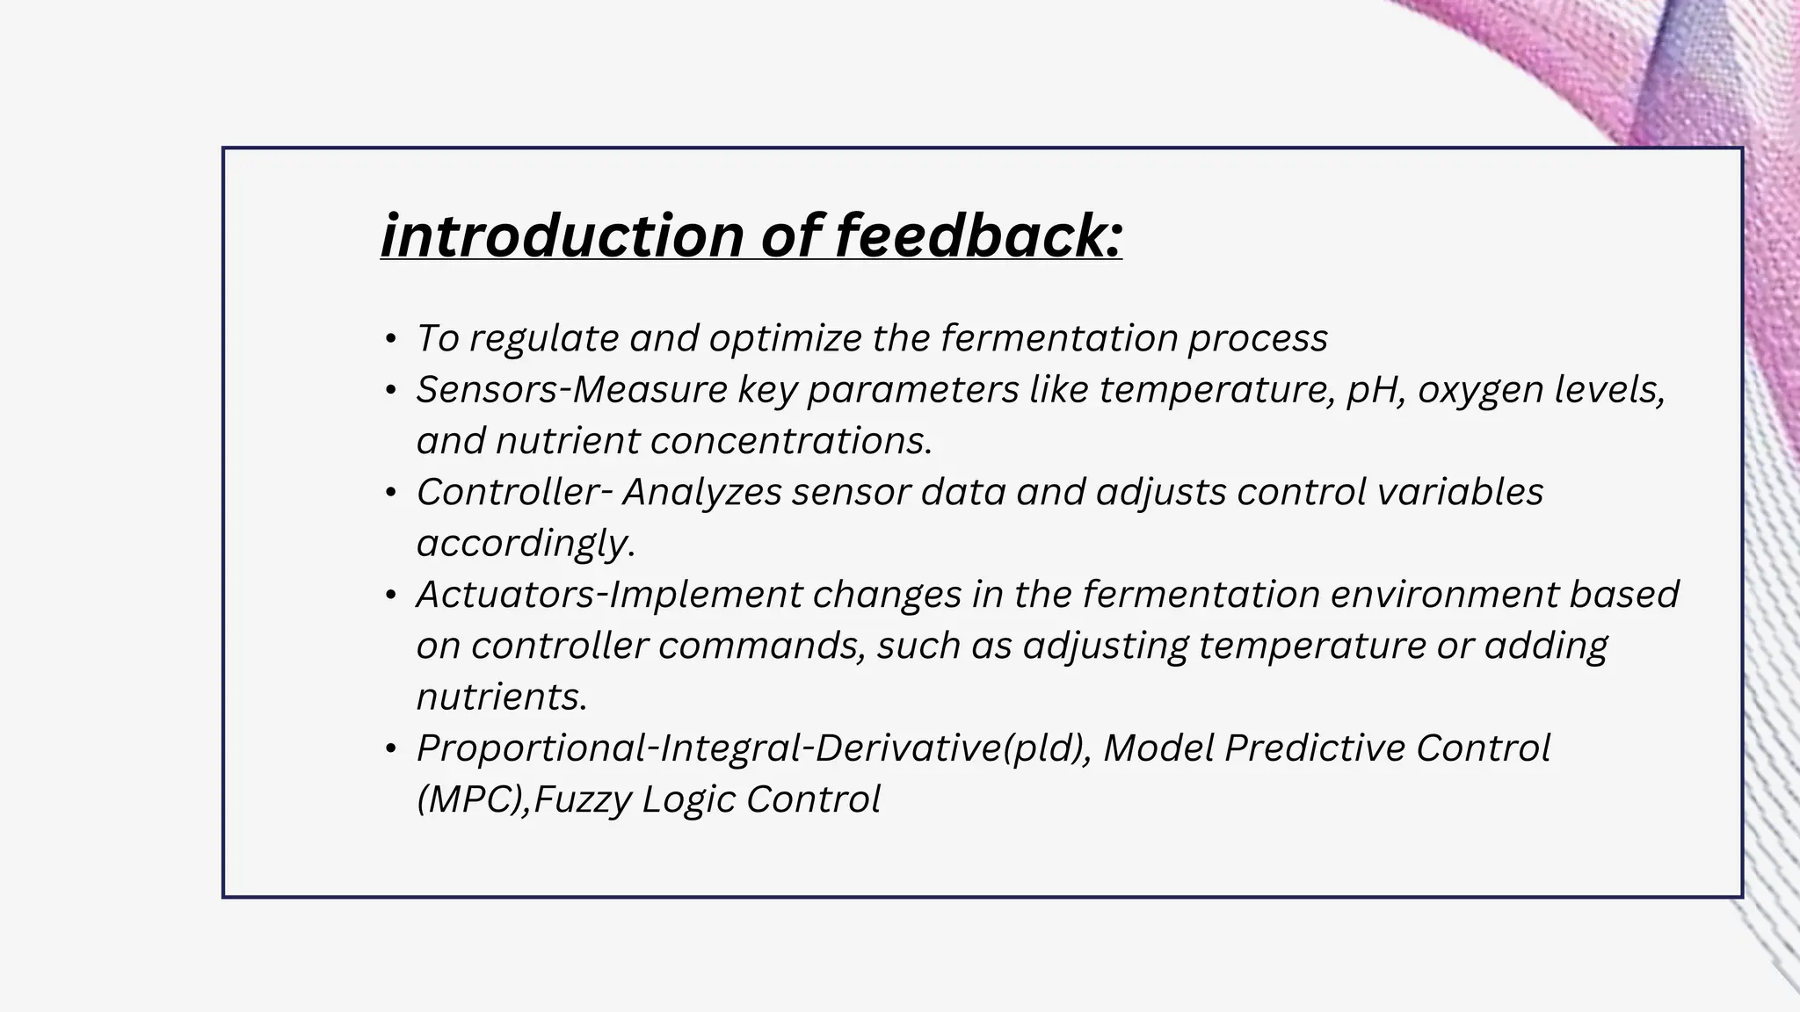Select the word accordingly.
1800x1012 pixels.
point(525,544)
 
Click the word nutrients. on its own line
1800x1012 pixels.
point(501,698)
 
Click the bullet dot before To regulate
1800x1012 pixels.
point(391,339)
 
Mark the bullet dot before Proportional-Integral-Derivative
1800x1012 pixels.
point(391,749)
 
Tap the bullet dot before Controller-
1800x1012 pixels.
point(391,493)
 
